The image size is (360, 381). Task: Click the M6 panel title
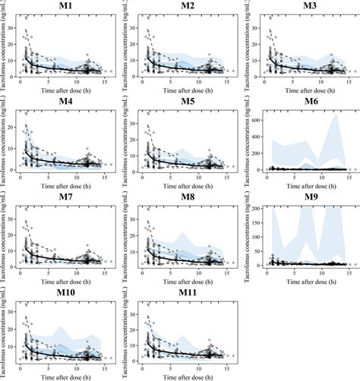point(302,100)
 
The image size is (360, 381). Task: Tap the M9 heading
point(302,195)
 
